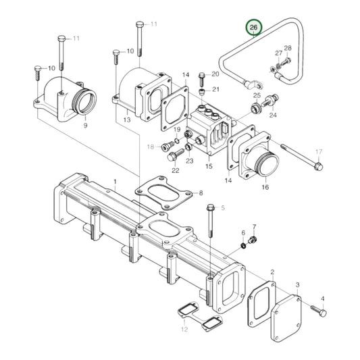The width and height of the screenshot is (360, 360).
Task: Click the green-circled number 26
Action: point(254,28)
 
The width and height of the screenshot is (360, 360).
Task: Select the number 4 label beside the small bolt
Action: point(322,299)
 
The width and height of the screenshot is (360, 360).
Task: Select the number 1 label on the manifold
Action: point(115,182)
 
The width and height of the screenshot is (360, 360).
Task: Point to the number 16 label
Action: point(265,187)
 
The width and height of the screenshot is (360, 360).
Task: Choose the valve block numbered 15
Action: point(206,128)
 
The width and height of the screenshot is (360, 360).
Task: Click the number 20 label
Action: point(215,74)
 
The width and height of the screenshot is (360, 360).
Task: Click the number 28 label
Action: point(287,49)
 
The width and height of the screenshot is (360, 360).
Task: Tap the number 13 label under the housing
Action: point(126,120)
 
